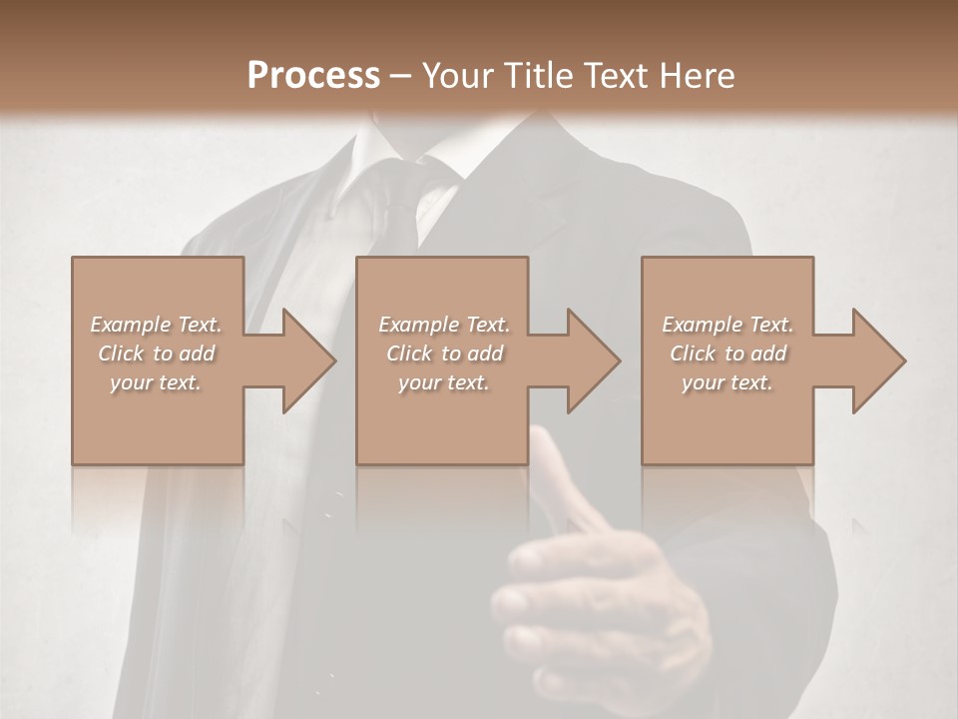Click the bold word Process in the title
(x=313, y=76)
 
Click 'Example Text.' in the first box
(x=156, y=325)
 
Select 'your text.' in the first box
(x=156, y=382)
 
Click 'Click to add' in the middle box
(x=444, y=354)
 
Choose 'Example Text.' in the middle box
(x=444, y=325)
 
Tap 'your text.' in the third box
(x=727, y=382)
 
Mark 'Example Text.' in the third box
(x=727, y=325)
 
